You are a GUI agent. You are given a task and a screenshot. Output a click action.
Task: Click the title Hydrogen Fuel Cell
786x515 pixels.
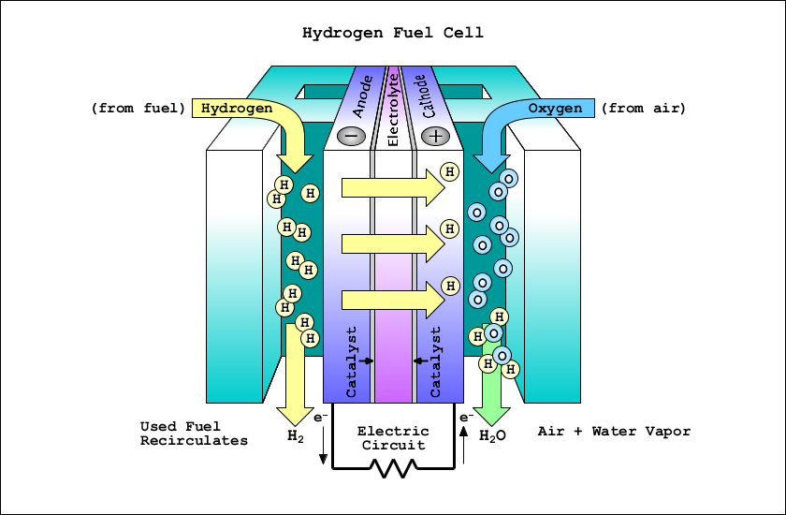[392, 33]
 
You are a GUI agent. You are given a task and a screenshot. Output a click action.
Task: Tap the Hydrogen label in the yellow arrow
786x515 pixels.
[237, 109]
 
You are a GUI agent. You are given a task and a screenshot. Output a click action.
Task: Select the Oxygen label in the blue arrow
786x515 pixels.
[555, 109]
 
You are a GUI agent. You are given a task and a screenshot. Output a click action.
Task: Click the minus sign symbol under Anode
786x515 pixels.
[351, 136]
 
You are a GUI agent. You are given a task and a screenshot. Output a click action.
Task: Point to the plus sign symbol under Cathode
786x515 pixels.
[435, 136]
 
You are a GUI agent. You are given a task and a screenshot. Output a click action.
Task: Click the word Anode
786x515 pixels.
[362, 96]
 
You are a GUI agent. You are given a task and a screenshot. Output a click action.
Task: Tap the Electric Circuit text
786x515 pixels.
[393, 438]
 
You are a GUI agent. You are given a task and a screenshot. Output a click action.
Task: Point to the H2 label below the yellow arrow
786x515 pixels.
[296, 435]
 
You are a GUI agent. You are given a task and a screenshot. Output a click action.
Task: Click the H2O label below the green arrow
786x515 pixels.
[492, 435]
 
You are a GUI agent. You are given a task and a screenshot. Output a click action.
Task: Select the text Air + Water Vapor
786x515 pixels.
[614, 432]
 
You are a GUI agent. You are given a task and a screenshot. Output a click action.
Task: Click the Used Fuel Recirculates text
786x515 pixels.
[194, 434]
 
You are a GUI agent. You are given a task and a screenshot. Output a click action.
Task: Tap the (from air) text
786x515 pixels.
[643, 109]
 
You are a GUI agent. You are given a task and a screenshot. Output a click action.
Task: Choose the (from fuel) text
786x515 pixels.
[138, 109]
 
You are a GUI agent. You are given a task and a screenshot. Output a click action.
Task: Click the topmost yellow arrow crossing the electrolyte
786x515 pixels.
[392, 187]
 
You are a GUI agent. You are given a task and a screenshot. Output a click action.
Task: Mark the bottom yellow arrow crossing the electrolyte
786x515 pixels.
[392, 300]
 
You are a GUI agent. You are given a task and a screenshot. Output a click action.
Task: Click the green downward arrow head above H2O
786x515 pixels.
[489, 412]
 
